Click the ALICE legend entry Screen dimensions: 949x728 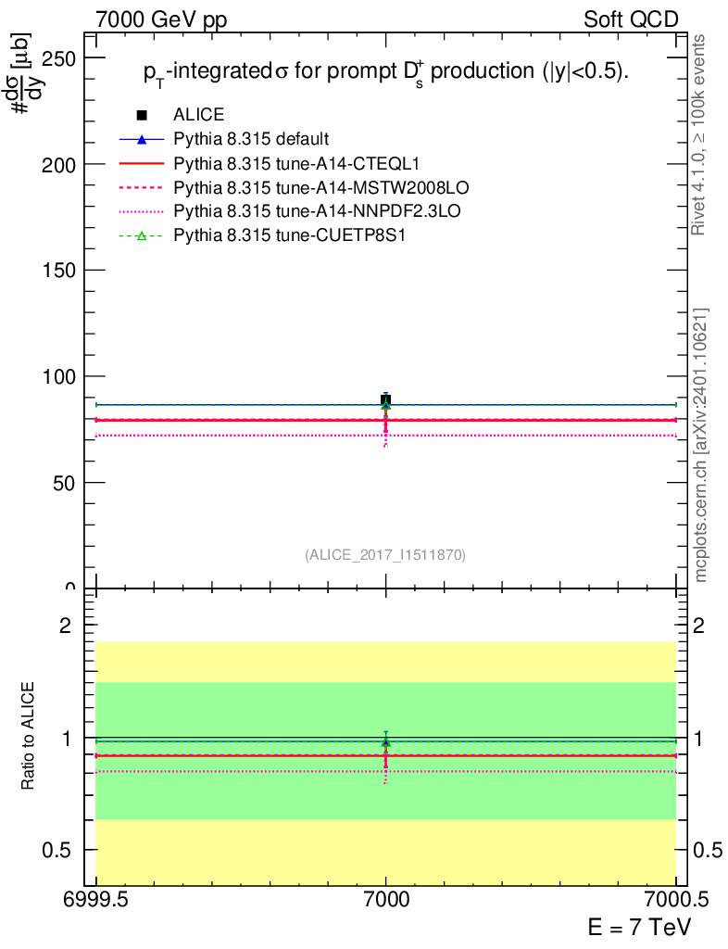pos(198,115)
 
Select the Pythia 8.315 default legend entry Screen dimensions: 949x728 pos(251,139)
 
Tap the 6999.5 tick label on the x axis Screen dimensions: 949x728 pos(96,899)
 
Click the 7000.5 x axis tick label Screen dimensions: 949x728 pos(675,899)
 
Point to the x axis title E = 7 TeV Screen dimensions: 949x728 pos(639,928)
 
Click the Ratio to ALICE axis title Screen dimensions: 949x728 pos(30,737)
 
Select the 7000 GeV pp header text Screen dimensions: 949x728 pos(161,19)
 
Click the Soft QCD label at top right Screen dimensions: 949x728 pos(631,19)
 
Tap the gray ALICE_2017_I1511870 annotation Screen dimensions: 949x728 pos(385,555)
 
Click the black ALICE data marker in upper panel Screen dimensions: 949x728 pos(385,400)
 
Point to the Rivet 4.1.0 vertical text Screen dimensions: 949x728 pos(700,134)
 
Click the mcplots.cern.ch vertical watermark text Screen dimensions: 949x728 pos(701,445)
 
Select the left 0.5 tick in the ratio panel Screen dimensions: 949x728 pos(66,850)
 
